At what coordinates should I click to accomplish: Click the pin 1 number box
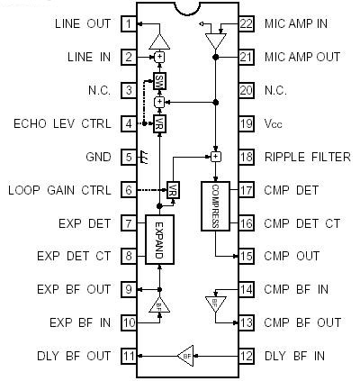pos(130,23)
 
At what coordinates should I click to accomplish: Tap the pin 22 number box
pos(247,23)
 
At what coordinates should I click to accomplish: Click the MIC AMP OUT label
pos(302,57)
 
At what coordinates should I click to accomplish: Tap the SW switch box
pos(159,82)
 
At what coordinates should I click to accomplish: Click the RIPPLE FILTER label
pos(307,157)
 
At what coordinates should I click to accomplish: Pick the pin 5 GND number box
pos(130,157)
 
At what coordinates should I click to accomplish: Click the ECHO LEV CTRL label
pos(58,123)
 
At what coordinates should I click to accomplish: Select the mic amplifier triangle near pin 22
pos(214,40)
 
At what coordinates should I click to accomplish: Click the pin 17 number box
pos(247,190)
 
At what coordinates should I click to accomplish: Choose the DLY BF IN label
pos(295,356)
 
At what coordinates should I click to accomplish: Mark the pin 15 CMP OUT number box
pos(247,257)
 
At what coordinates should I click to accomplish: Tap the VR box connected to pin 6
pos(174,190)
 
